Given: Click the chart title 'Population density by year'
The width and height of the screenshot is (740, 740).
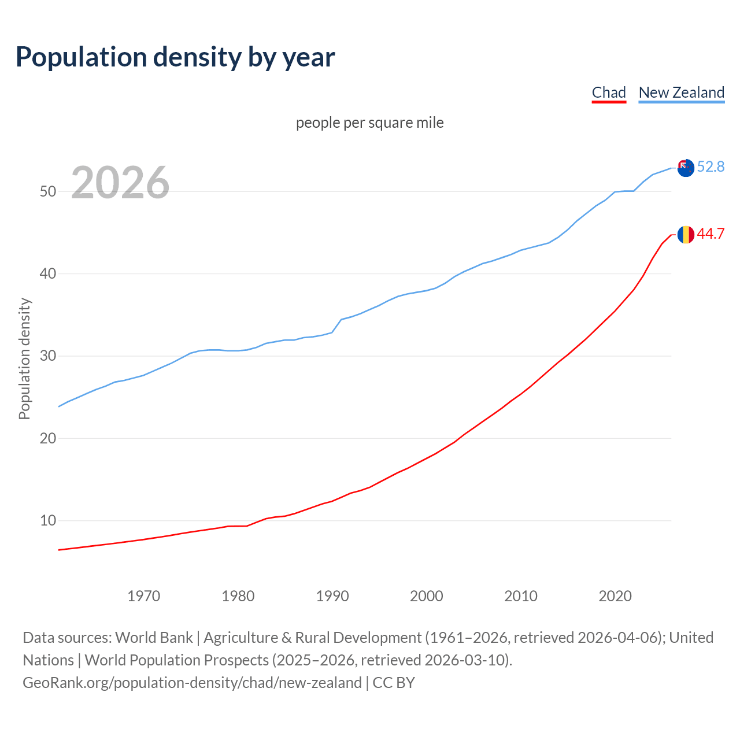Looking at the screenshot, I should [x=175, y=57].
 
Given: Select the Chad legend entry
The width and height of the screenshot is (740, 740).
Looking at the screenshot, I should [x=609, y=92].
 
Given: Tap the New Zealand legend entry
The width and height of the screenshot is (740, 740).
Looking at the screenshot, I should [x=681, y=92].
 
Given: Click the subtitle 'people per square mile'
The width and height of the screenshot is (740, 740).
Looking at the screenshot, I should [x=369, y=123].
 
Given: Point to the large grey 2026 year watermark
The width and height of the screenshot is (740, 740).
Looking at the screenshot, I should [x=120, y=183].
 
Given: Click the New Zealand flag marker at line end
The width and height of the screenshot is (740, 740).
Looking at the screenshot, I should [x=686, y=168].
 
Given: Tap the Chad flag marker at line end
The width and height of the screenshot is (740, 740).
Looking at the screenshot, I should [x=686, y=235].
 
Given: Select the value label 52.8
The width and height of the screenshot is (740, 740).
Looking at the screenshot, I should [x=711, y=167].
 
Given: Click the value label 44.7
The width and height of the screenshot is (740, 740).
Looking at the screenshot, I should [x=711, y=234].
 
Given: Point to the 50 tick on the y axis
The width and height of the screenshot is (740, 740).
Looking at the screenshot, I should [x=48, y=191].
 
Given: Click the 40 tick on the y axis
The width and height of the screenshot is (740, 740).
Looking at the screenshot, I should [x=48, y=273].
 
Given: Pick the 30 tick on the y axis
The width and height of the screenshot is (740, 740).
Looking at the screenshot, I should [x=48, y=356].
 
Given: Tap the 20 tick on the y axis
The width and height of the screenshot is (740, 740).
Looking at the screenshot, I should [x=48, y=438].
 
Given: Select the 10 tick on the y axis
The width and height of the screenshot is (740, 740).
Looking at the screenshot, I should [x=48, y=521].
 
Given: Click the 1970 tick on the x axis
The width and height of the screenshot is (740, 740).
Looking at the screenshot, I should [x=143, y=596].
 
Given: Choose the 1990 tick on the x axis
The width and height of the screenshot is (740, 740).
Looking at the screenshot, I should [x=332, y=596].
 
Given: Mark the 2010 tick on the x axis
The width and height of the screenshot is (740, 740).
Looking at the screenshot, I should [x=521, y=596].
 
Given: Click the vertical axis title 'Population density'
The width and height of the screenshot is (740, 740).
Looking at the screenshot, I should [x=24, y=358].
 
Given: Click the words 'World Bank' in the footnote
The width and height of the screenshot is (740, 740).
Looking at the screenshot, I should [x=154, y=638].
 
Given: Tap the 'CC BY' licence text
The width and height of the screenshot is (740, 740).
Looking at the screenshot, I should [x=394, y=683].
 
